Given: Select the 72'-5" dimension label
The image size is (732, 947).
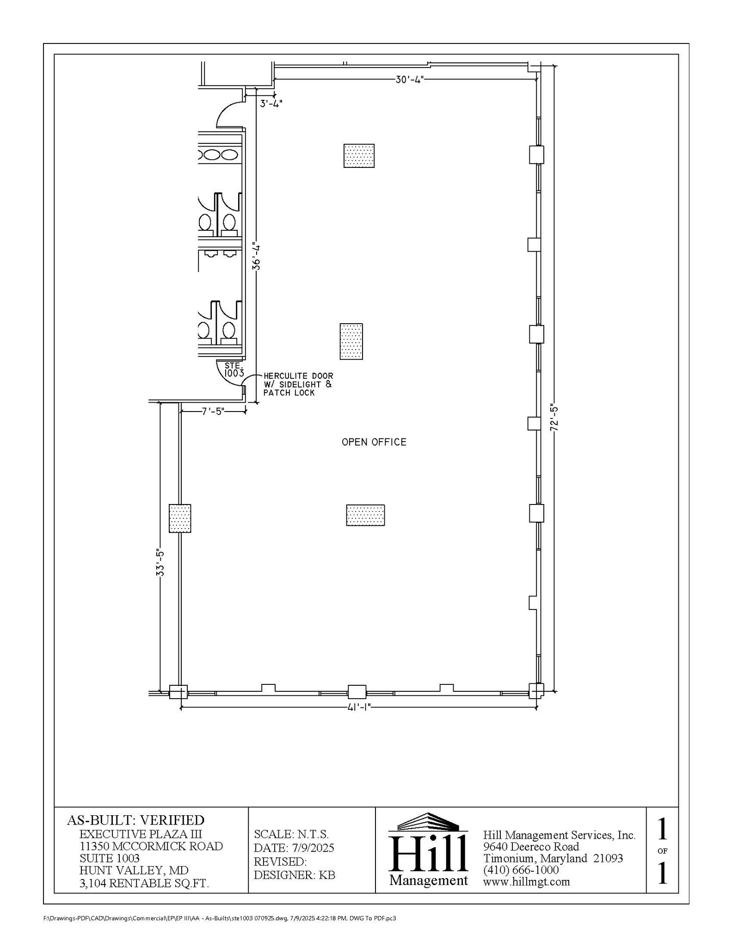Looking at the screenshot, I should click(554, 418).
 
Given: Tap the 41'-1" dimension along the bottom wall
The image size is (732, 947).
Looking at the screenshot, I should click(358, 707).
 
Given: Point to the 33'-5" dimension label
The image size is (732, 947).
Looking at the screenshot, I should click(160, 563).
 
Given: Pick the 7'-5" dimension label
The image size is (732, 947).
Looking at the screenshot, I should click(213, 411).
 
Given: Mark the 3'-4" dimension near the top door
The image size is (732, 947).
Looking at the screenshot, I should click(271, 103).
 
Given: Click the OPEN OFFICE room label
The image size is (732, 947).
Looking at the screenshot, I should click(374, 442).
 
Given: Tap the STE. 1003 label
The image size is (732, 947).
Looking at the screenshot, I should click(234, 369).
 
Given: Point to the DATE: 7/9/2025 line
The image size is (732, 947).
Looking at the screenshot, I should click(294, 848).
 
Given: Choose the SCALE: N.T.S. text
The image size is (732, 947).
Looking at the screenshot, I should click(291, 834).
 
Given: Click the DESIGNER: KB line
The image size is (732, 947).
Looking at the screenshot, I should click(294, 875).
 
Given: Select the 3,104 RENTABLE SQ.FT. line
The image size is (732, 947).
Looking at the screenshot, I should click(144, 883).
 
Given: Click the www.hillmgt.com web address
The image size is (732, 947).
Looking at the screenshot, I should click(526, 881).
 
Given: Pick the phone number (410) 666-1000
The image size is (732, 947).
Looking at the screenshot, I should click(521, 870).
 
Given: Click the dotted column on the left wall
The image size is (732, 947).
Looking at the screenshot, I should click(179, 518).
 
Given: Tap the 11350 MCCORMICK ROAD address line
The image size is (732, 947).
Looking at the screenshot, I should click(151, 846).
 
